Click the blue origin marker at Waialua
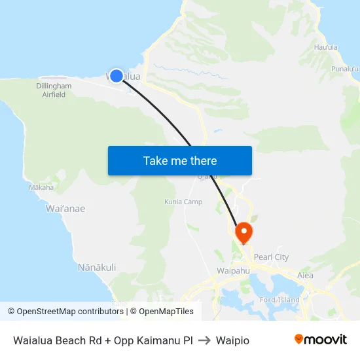(117, 76)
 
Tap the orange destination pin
(243, 232)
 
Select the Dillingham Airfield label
(54, 90)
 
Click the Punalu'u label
(344, 69)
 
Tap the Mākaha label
(41, 187)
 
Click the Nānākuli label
(97, 267)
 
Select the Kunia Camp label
(183, 202)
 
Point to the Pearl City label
(271, 257)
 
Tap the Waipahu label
(230, 270)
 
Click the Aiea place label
(305, 276)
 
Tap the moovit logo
(320, 339)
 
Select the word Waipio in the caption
(232, 340)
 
